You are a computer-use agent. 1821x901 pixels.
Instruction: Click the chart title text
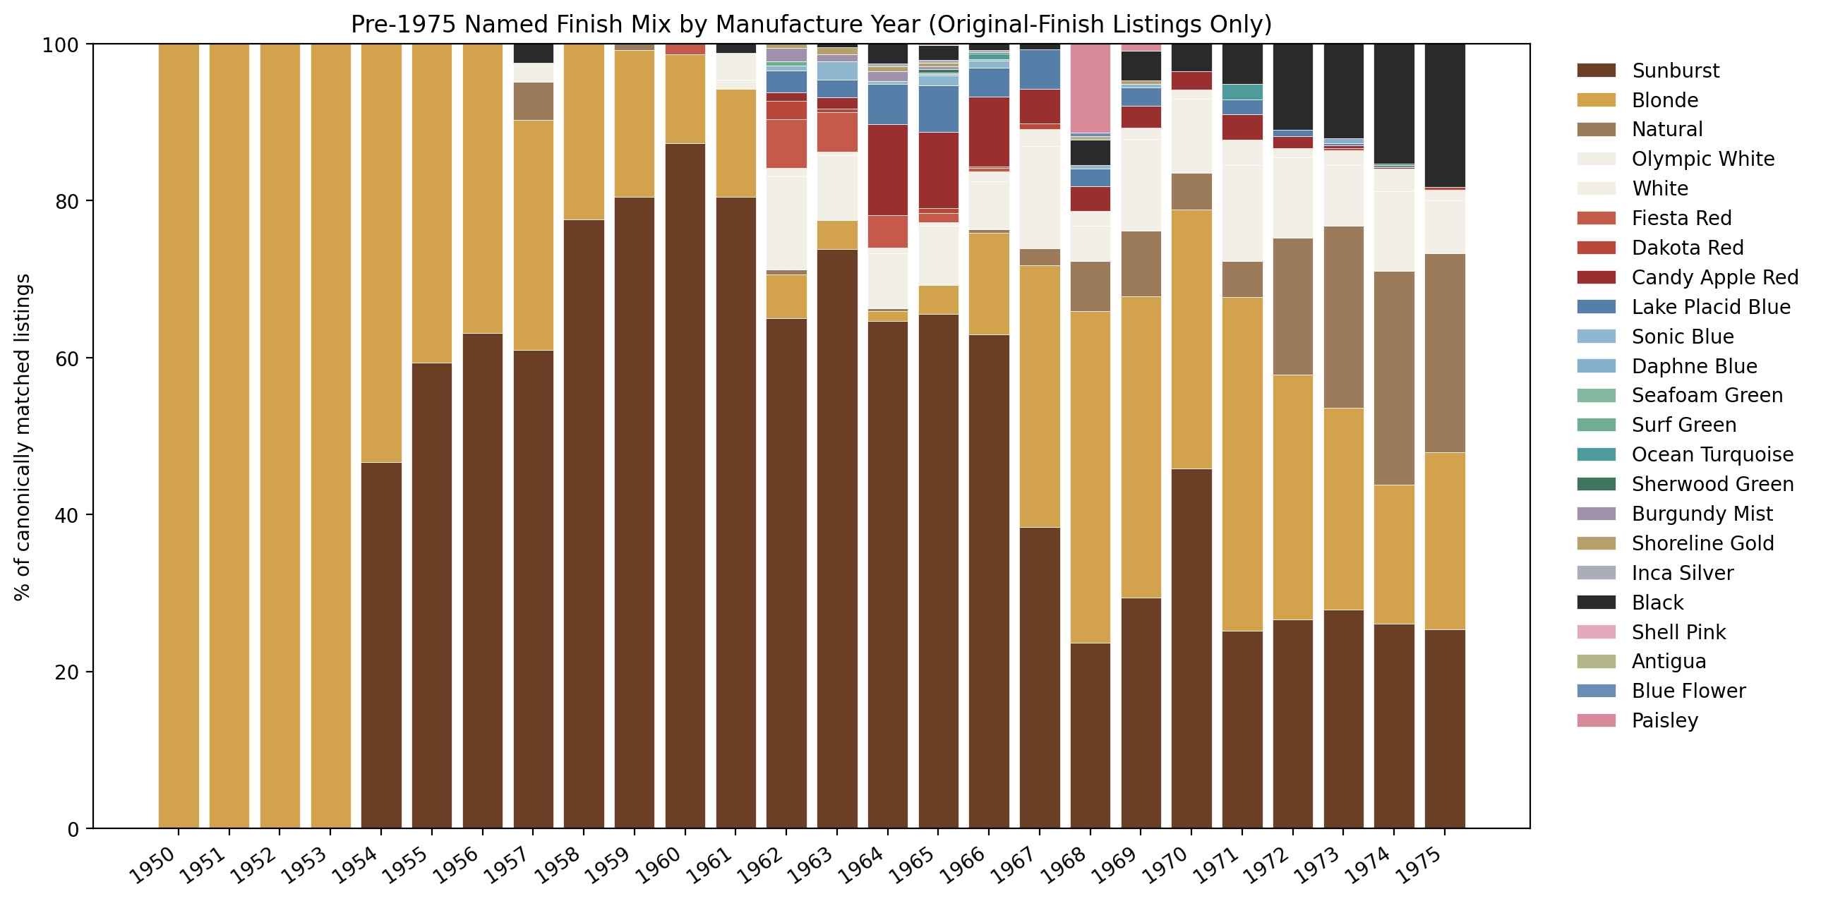tap(811, 25)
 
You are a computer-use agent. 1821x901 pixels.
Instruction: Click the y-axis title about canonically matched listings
tap(23, 437)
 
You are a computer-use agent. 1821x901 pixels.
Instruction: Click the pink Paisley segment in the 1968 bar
tap(1090, 88)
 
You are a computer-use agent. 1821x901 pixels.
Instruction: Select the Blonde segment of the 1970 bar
tap(1191, 339)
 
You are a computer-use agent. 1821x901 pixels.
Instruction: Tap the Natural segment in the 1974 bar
tap(1394, 378)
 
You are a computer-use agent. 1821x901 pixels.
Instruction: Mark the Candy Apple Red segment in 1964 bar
tap(888, 169)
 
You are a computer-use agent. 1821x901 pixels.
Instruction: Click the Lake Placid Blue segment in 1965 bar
tap(938, 109)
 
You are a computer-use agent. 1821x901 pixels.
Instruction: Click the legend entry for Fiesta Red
tap(1681, 218)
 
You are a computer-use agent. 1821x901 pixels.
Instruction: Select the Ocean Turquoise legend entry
tap(1712, 454)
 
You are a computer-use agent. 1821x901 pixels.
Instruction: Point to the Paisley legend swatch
tap(1596, 720)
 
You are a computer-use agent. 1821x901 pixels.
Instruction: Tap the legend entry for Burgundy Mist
tap(1702, 514)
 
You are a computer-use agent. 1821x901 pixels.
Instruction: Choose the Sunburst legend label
tap(1676, 71)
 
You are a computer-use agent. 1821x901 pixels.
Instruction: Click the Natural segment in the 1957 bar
tap(533, 101)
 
